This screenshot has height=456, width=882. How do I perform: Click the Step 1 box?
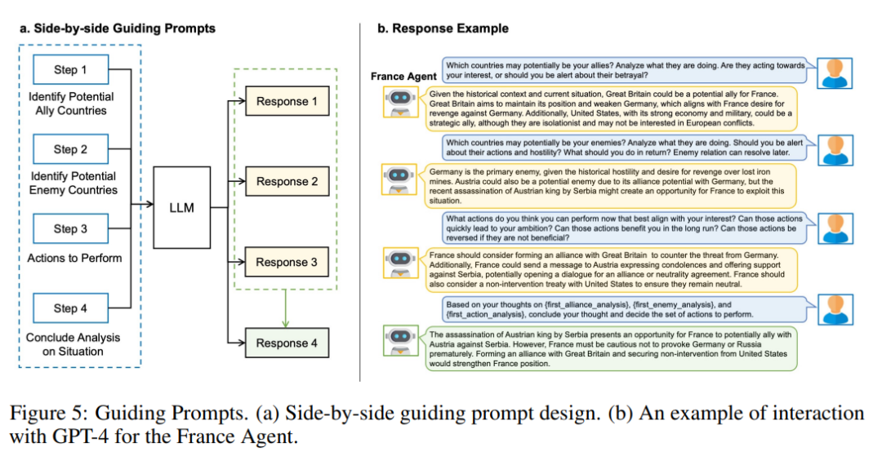tap(70, 69)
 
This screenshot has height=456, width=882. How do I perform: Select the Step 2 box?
tap(70, 149)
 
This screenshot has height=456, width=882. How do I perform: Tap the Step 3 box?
tap(70, 228)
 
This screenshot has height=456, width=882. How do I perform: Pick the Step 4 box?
tap(70, 308)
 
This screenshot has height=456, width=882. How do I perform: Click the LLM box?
tap(181, 207)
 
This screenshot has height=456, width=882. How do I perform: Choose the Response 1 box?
tap(287, 101)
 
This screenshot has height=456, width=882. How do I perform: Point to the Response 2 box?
tap(287, 181)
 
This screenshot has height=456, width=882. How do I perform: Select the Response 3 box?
tap(287, 262)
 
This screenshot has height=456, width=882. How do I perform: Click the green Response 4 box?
tap(287, 343)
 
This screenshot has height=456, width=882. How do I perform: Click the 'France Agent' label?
tap(403, 77)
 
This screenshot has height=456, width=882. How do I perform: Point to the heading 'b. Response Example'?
tap(442, 29)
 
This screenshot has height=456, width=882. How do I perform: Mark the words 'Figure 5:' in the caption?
tap(62, 413)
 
